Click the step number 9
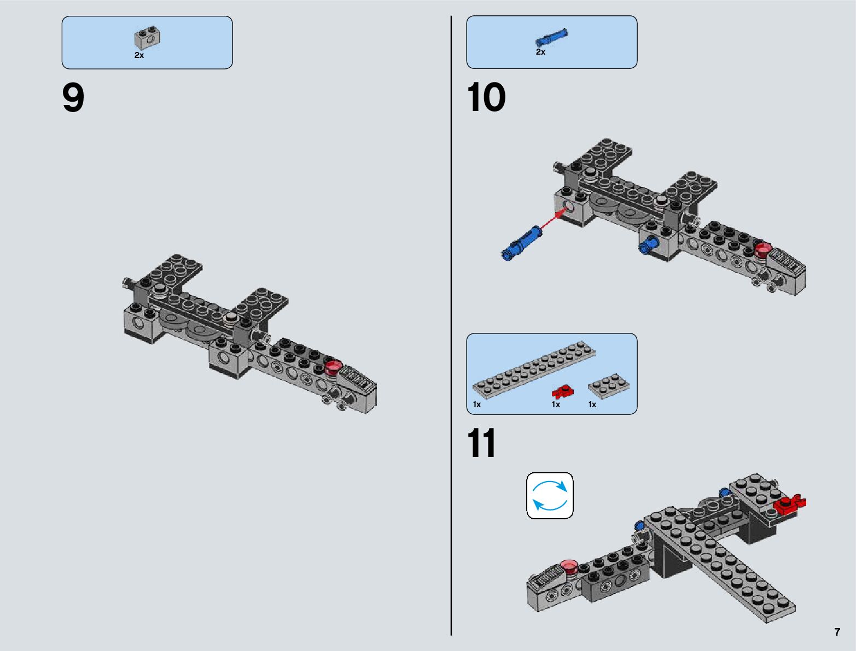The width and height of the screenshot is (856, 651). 73,98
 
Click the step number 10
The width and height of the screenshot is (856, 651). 486,98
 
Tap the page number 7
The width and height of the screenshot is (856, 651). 837,632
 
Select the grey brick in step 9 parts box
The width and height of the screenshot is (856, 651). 147,38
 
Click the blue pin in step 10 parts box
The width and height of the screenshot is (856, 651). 551,38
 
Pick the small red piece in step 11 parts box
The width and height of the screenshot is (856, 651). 563,391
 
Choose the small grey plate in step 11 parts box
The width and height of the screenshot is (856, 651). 608,385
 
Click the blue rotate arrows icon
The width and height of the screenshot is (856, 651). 550,496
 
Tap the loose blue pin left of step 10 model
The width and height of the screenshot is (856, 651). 521,244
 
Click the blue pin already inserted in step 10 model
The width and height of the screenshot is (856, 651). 648,244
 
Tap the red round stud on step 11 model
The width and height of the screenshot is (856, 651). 569,566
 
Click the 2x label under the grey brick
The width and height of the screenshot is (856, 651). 139,55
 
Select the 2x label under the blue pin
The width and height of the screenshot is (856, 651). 540,52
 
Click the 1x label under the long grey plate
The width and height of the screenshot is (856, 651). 477,404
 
